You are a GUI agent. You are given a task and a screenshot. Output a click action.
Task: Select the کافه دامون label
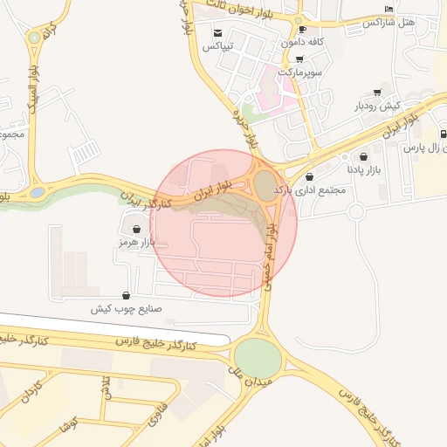pyautogui.click(x=303, y=42)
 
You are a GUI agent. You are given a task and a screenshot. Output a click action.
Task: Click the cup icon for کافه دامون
pyautogui.click(x=302, y=29)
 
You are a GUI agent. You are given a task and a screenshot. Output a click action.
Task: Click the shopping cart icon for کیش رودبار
pyautogui.click(x=377, y=92)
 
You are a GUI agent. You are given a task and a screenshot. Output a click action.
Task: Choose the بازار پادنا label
pyautogui.click(x=366, y=168)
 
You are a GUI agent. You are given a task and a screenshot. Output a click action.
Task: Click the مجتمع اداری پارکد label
pyautogui.click(x=310, y=189)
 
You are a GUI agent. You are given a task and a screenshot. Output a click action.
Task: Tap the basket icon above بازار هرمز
pyautogui.click(x=136, y=229)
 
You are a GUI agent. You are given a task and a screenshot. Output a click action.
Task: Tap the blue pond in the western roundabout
pyautogui.click(x=38, y=191)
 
